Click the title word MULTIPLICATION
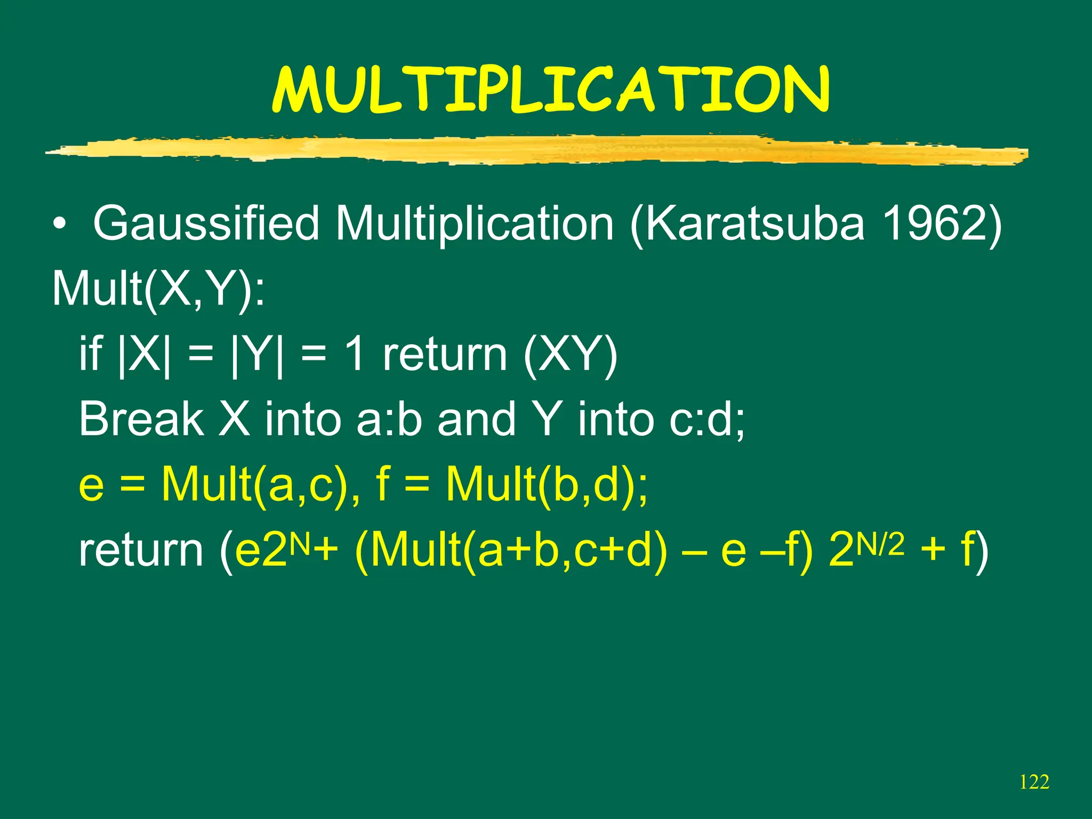point(551,91)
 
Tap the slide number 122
point(1034,782)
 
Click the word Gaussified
point(206,224)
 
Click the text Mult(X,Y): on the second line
point(158,289)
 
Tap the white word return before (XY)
point(445,355)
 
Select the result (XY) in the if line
point(571,355)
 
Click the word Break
point(141,420)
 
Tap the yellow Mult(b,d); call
point(547,485)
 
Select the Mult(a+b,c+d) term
point(510,551)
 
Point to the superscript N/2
point(880,545)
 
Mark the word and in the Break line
point(476,420)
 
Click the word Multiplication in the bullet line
point(475,224)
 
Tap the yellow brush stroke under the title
point(533,149)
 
